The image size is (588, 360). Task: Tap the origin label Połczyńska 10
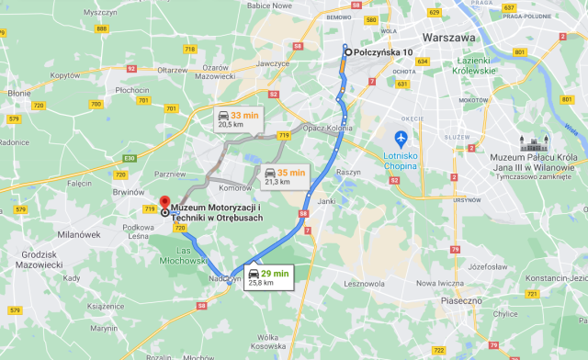[383, 52]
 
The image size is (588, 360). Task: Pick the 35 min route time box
[283, 176]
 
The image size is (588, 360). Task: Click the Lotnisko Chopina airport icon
[401, 139]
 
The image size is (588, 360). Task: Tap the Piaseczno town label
[462, 300]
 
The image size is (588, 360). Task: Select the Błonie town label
[19, 93]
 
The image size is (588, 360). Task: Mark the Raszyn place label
[349, 172]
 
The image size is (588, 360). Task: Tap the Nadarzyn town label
[224, 277]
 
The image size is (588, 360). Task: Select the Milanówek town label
[78, 235]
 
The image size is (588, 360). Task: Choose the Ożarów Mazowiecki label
[215, 73]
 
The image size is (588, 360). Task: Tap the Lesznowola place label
[363, 284]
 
